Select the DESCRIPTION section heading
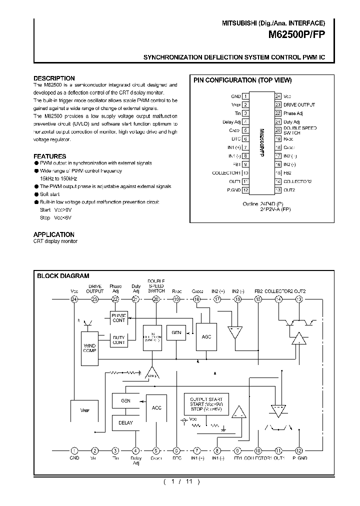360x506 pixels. point(54,78)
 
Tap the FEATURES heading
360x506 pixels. point(49,156)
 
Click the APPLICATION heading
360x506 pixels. point(53,234)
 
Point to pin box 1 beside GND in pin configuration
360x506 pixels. point(245,96)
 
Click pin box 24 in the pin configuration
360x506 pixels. point(277,96)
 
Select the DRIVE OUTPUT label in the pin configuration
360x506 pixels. point(299,104)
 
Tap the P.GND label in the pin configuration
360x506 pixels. point(234,190)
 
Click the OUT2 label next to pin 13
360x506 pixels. point(289,190)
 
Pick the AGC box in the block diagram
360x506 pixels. point(206,336)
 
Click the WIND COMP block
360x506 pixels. point(89,348)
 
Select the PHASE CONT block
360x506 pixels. point(119,317)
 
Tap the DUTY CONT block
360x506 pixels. point(119,340)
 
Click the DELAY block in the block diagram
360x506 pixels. point(125,422)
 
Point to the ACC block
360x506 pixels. point(156,407)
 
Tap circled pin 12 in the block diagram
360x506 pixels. point(299,450)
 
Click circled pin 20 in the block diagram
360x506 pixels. point(156,299)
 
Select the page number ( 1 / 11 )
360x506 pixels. point(181,482)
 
